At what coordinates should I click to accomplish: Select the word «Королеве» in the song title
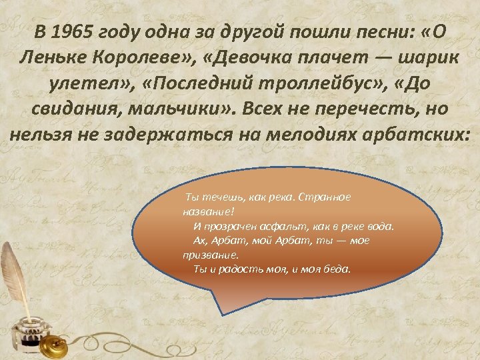(149, 57)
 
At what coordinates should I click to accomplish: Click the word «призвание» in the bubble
(209, 255)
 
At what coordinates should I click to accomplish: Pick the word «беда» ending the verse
(338, 269)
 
